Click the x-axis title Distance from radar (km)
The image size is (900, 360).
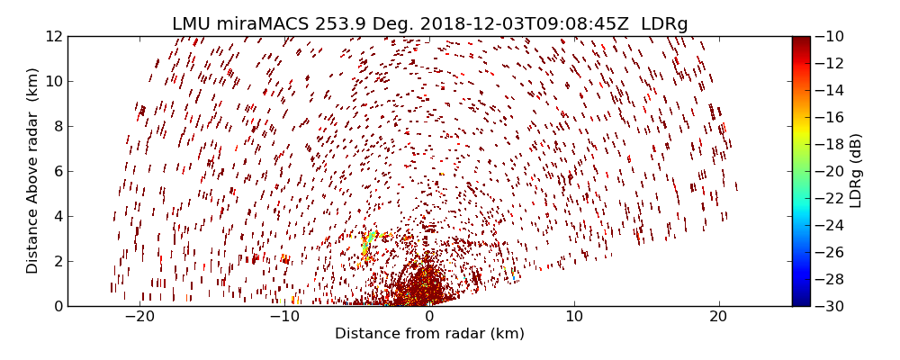(429, 334)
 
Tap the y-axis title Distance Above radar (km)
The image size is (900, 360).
(32, 171)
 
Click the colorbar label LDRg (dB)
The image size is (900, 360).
(856, 171)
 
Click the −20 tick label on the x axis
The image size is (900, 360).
(139, 317)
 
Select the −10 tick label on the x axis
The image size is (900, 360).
(284, 317)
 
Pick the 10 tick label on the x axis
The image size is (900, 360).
(574, 317)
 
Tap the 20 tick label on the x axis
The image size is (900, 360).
(718, 317)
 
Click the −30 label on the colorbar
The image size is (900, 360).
(827, 306)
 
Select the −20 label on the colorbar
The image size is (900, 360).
(827, 171)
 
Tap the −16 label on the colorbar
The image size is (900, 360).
(827, 117)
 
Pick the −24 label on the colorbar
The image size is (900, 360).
(827, 225)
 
